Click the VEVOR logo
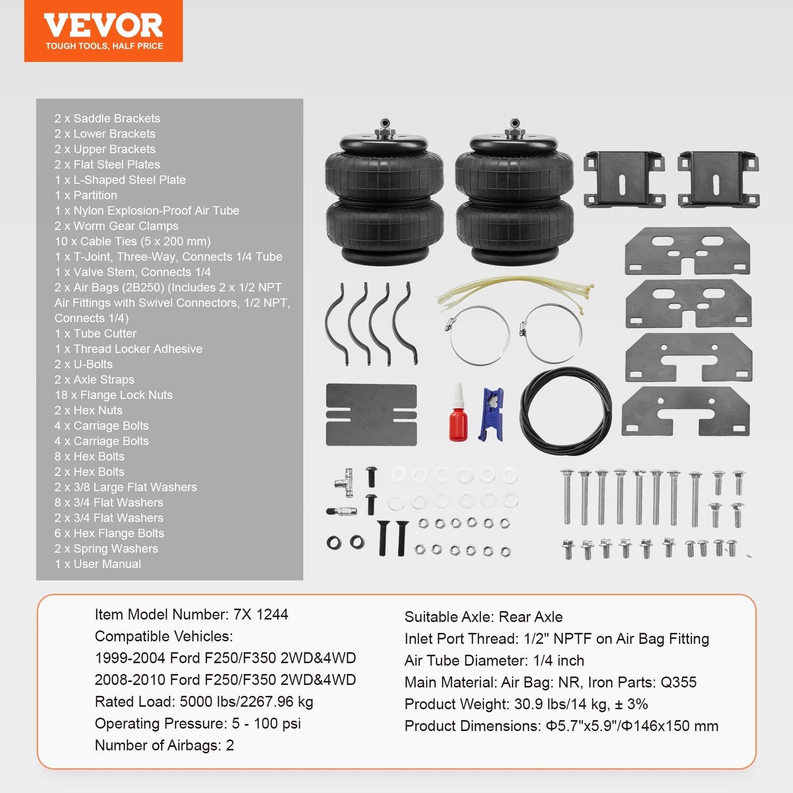coord(103,26)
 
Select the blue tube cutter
coord(491,414)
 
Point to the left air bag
coord(385,194)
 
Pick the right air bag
coord(515,194)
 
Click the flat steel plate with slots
coord(372,414)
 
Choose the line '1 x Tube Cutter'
coord(95,334)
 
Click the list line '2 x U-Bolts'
coord(83,364)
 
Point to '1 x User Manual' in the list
coord(98,564)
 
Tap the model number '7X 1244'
coord(261,615)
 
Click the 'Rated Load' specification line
coord(204,702)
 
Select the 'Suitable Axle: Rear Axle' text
coord(483,617)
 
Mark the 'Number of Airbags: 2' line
coord(164,745)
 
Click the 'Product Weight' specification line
coord(526,704)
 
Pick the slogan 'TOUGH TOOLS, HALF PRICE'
coord(104,46)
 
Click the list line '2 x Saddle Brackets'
coord(107,119)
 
